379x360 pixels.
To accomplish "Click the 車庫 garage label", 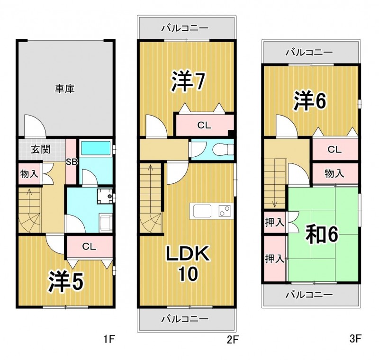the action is click(x=64, y=89).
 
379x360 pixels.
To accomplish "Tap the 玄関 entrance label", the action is click(x=41, y=150).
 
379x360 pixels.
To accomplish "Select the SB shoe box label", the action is click(x=72, y=162).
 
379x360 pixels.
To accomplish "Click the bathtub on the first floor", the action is click(x=96, y=148).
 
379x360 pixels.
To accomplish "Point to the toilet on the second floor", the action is click(x=223, y=149).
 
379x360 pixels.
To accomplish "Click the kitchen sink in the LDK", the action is click(x=202, y=211).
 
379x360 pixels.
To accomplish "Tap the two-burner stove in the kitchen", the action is click(x=225, y=211).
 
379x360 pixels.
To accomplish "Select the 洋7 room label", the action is click(x=188, y=81).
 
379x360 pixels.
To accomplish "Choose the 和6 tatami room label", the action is click(x=322, y=234).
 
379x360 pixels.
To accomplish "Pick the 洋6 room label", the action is click(x=310, y=101).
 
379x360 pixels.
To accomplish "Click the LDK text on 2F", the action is click(x=187, y=253).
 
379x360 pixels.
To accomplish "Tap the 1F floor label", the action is click(x=109, y=340).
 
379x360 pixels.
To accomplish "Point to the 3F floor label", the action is click(x=355, y=339).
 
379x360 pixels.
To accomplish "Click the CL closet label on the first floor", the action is click(x=89, y=246).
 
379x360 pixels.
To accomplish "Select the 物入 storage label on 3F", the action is click(x=334, y=173).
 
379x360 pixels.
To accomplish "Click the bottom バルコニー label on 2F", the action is click(x=185, y=319).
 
